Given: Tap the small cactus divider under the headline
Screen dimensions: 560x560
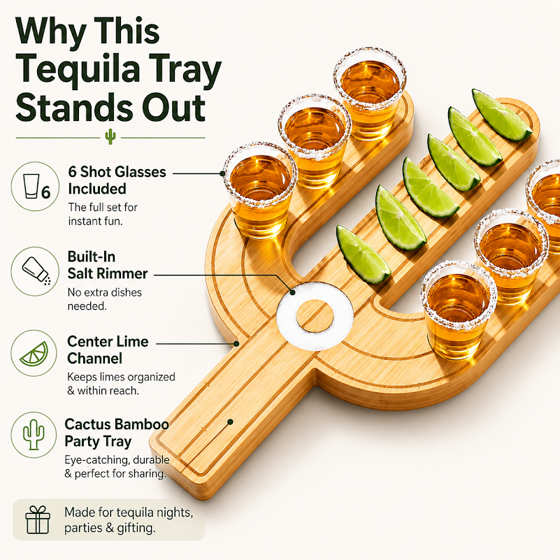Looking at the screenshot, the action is tap(110, 137).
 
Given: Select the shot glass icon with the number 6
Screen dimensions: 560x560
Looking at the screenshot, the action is tap(35, 187).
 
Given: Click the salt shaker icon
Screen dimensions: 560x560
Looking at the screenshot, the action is tap(35, 271).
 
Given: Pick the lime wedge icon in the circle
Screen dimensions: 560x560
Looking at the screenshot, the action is tap(34, 353).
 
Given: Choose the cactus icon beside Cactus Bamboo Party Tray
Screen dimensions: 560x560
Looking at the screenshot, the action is tap(34, 435).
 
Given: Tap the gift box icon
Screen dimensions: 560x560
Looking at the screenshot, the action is tap(38, 519).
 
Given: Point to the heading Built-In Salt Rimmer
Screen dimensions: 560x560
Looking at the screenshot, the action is tap(107, 265).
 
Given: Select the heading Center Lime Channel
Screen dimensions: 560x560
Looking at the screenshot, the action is tap(108, 350).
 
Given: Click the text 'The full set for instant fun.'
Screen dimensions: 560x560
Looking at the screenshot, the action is tap(103, 214).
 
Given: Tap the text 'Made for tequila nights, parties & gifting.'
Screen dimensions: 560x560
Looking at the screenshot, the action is tap(129, 519).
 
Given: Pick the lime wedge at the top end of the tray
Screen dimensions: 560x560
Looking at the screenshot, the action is tap(501, 115).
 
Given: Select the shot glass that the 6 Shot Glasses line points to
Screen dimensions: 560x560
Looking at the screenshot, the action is tap(260, 190).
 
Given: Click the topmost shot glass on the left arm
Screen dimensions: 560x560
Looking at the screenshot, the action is tap(370, 94).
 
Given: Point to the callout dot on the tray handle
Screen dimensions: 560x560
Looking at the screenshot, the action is tap(230, 422).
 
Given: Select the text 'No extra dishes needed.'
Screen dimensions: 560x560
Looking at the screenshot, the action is tap(105, 299).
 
